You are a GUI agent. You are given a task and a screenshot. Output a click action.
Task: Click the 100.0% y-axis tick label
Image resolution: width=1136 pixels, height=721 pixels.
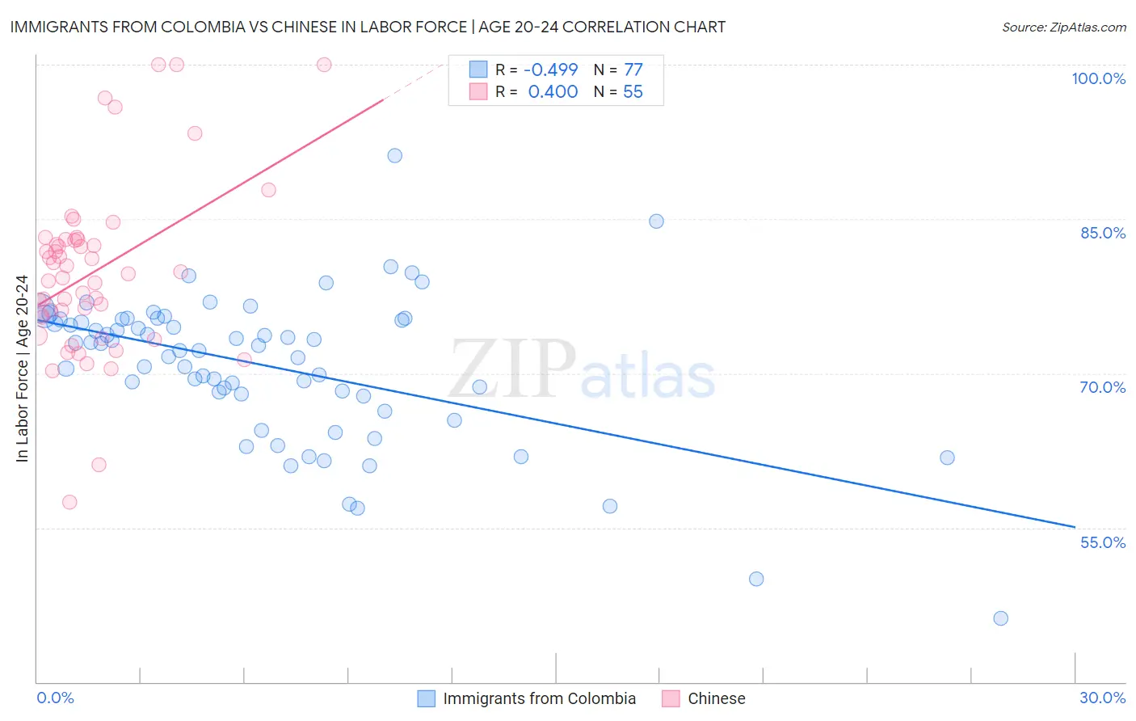(x=1098, y=78)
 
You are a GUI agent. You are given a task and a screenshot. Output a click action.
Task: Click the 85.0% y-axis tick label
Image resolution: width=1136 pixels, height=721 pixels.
(x=1102, y=233)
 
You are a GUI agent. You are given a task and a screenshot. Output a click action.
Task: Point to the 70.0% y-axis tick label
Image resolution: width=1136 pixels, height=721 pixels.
(x=1102, y=387)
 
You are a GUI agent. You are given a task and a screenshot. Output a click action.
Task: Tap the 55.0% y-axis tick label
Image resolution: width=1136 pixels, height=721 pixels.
(x=1102, y=542)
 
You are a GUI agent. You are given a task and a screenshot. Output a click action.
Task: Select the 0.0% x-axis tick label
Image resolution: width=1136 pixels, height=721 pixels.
(x=55, y=698)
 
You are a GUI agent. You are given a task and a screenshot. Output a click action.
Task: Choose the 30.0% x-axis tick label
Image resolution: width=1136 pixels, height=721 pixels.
(x=1102, y=698)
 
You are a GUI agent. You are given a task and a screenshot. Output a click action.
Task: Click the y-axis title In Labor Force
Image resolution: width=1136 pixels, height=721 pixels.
(x=22, y=369)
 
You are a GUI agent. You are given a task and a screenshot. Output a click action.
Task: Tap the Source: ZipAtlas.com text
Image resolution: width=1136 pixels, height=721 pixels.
(x=1063, y=27)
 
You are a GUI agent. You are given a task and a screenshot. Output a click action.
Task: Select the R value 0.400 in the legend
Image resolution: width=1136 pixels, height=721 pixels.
(x=553, y=92)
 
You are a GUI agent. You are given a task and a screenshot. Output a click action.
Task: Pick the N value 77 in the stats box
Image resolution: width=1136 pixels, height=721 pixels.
(x=633, y=70)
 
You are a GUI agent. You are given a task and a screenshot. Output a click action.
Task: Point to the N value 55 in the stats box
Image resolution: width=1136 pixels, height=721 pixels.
(x=633, y=92)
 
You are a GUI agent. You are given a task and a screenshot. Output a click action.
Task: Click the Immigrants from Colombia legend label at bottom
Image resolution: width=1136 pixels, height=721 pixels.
(x=539, y=698)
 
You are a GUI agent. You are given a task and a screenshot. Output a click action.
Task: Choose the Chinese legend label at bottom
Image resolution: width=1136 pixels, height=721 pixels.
(x=716, y=698)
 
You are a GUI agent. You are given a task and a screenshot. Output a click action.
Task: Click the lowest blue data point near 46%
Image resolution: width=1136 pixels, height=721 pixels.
(x=1000, y=618)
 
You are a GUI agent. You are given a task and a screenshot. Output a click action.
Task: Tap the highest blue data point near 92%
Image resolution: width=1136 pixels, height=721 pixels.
(x=394, y=156)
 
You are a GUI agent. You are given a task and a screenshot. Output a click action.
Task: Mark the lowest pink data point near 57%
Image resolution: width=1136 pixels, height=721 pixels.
(x=69, y=502)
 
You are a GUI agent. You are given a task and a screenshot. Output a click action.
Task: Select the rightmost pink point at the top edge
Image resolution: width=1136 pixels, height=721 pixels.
(x=324, y=65)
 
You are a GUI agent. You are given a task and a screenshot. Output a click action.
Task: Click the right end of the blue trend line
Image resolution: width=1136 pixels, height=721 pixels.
(x=1075, y=527)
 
